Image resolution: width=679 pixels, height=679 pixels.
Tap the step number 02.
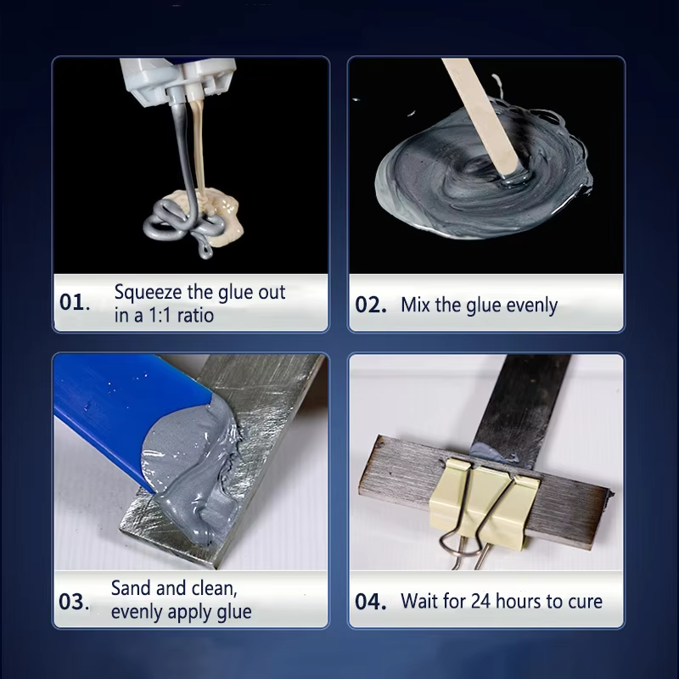tap(371, 305)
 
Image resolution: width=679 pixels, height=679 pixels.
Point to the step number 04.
tap(371, 602)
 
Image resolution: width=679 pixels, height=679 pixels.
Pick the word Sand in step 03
tap(130, 587)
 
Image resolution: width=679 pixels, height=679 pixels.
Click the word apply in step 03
tap(197, 611)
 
